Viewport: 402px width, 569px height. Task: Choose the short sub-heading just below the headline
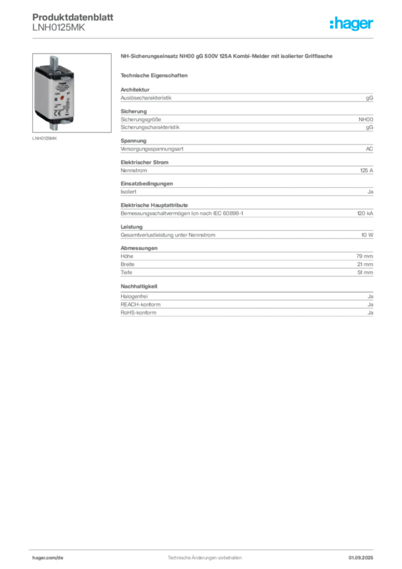(155, 74)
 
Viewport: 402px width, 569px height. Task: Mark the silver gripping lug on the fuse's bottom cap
(65, 123)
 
